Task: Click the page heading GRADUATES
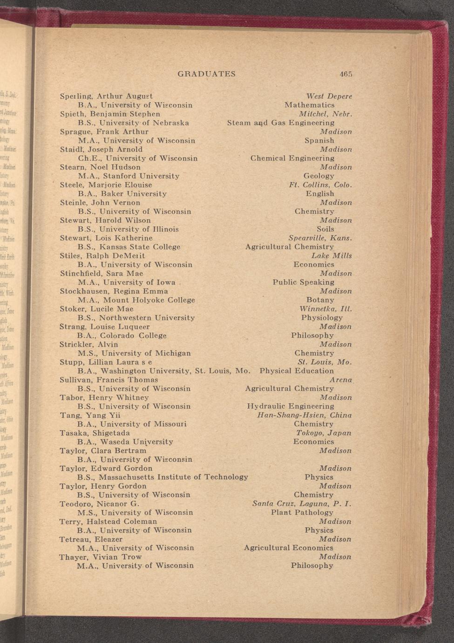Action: tap(206, 74)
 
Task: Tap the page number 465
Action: tap(346, 74)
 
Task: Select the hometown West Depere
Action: tap(329, 96)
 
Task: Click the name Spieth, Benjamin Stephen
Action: tap(110, 114)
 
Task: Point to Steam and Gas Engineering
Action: tap(280, 123)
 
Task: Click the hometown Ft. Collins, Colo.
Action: tap(320, 185)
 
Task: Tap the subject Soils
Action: tap(325, 229)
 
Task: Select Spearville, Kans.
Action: tap(320, 238)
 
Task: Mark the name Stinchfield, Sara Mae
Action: tap(101, 274)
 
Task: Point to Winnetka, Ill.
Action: tap(325, 309)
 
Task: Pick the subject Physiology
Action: tap(322, 318)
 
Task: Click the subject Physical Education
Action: tap(296, 371)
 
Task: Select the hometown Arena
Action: tap(340, 380)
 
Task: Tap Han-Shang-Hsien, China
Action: tap(304, 415)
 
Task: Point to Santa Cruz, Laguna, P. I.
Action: tap(301, 504)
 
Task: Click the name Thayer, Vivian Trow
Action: tap(100, 557)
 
